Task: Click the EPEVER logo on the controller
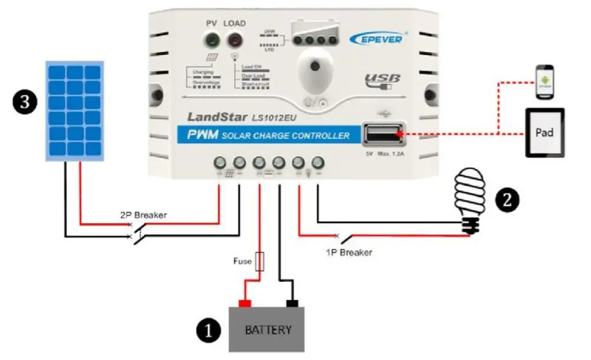[376, 38]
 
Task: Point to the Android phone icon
[545, 82]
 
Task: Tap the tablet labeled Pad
[544, 132]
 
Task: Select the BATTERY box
[268, 329]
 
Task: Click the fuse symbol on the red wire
[259, 261]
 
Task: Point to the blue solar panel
[75, 111]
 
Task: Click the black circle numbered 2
[507, 199]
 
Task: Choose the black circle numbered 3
[24, 102]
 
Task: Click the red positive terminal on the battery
[244, 303]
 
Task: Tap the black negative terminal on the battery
[291, 303]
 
